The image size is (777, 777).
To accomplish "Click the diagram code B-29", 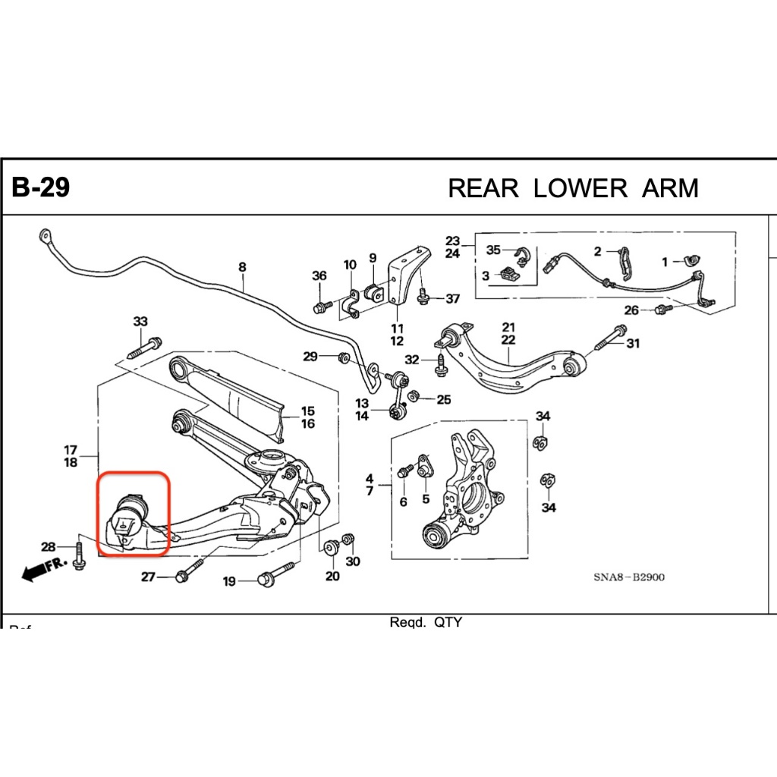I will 41,187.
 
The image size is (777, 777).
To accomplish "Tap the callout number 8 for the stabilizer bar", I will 242,267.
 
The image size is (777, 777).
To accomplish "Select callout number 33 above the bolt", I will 140,322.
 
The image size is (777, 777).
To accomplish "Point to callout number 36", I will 319,276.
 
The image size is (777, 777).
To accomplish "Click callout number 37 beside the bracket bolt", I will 452,299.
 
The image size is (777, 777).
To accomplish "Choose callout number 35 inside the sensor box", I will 493,250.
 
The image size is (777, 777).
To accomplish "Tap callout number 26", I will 631,310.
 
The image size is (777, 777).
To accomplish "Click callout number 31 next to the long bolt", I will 633,344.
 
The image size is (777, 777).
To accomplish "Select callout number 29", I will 310,357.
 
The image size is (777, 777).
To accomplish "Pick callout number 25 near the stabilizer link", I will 443,399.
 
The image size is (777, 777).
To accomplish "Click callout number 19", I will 229,582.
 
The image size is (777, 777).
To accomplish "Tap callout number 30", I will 353,562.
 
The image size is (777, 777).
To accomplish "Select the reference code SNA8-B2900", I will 629,577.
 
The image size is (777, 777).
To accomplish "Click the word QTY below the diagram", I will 448,623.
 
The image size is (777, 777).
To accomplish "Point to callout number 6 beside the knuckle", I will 403,502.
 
